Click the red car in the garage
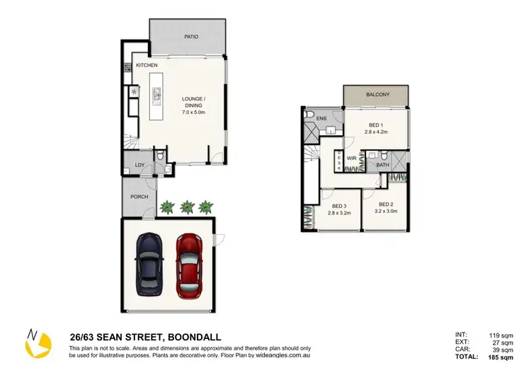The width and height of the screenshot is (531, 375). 190,266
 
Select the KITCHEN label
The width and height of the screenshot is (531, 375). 147,66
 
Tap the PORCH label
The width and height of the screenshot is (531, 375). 139,196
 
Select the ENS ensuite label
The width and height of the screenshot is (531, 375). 321,118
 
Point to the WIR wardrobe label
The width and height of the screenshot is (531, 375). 350,158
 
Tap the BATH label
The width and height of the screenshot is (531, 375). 382,165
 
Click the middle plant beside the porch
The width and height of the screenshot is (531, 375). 187,207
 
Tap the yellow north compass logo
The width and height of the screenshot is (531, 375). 38,345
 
